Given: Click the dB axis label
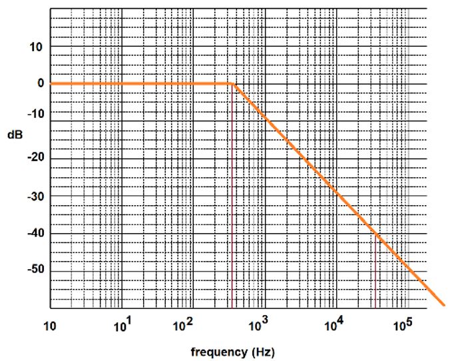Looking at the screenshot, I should point(15,134).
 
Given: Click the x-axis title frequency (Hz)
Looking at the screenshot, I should point(232,351).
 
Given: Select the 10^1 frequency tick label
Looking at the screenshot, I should point(124,326).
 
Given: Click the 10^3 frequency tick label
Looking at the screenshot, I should point(258,326).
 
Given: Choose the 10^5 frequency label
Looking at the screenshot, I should point(402,326).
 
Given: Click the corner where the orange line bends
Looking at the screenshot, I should point(233,83).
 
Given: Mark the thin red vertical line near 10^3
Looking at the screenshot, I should point(232,200).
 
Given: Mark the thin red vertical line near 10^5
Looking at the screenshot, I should point(375,273).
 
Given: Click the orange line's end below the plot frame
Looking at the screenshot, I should point(443,304).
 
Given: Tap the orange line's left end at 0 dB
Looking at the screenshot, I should point(51,83).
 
